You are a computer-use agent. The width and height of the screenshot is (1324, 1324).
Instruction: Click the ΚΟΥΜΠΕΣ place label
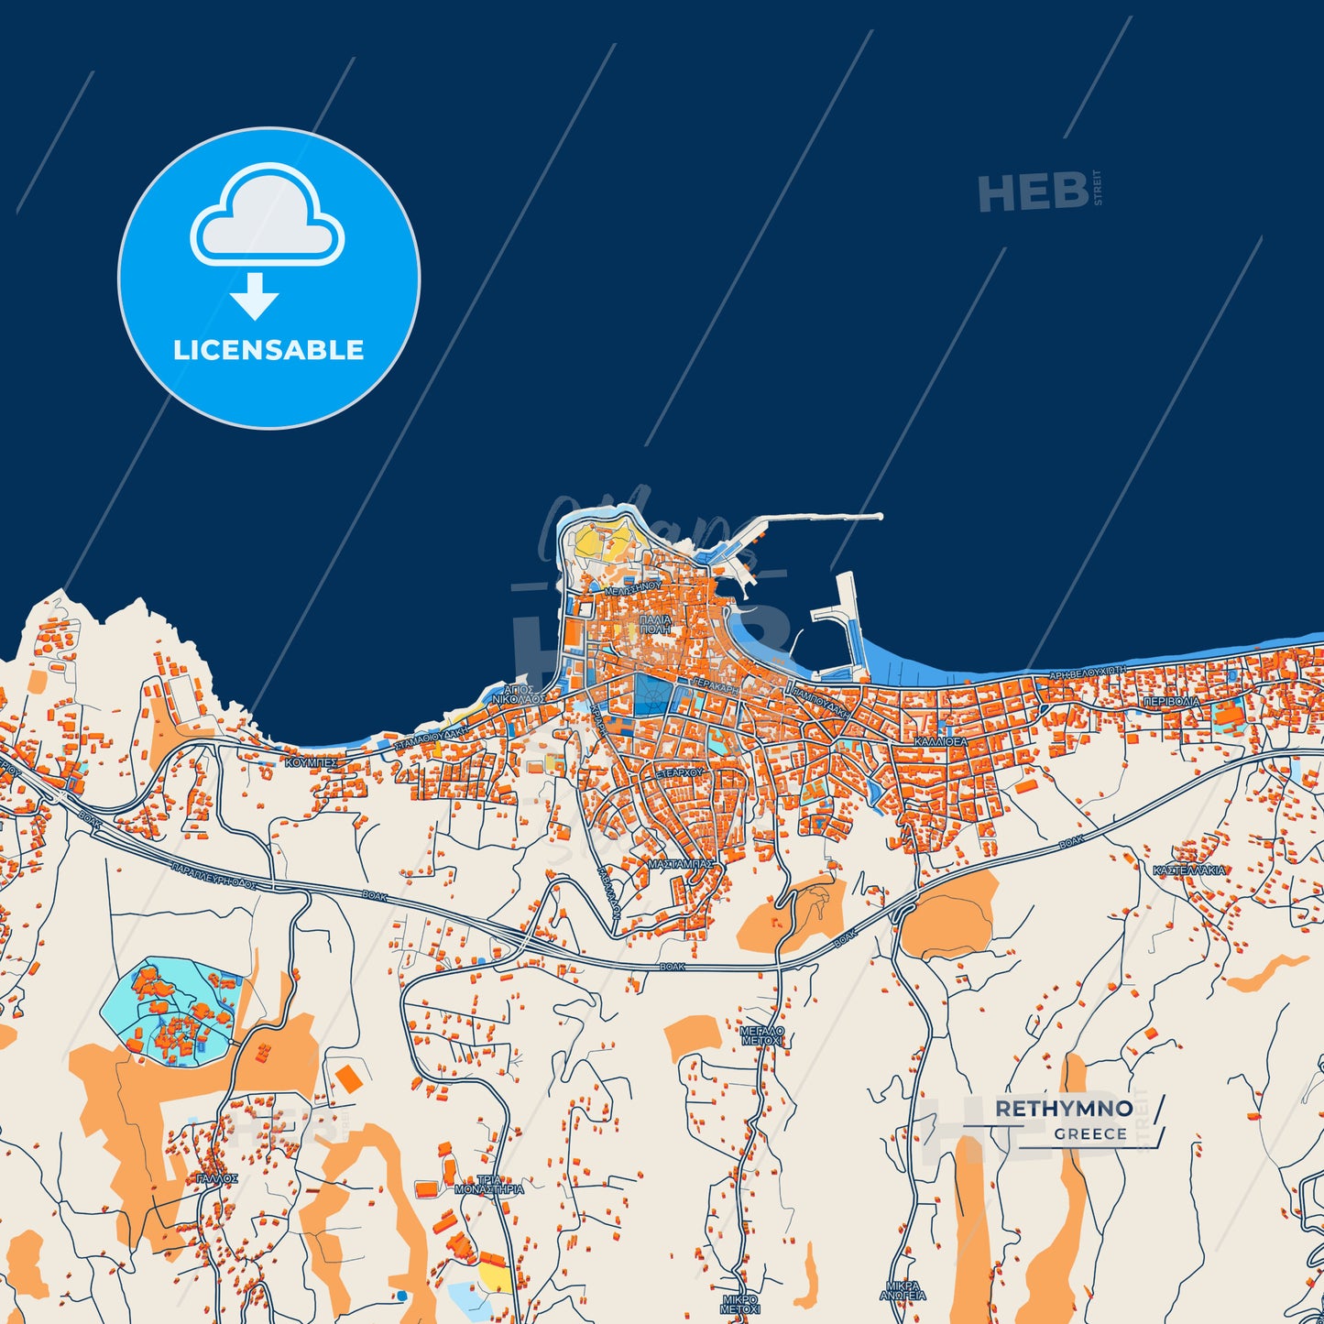point(312,761)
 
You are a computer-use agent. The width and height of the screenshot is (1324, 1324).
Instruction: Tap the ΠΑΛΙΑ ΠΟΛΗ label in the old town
point(655,625)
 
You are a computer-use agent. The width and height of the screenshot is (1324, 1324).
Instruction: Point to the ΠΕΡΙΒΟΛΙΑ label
point(1171,701)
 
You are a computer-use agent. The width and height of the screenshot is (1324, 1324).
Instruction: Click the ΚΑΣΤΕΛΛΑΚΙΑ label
point(1189,870)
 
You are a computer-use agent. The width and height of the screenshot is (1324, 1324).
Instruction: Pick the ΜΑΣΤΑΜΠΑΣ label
point(680,863)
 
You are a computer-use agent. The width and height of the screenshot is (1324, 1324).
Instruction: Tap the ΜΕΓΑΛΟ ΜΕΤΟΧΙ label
point(762,1036)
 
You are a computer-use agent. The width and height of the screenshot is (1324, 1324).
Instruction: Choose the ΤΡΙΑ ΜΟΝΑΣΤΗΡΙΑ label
point(489,1185)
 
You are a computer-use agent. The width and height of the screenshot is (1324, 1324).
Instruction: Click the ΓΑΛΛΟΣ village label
point(217,1178)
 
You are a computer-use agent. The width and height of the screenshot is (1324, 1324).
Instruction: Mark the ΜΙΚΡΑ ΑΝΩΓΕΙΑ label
point(903,1291)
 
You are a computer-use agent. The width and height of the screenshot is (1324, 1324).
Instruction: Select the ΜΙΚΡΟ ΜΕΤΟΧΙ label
point(740,1304)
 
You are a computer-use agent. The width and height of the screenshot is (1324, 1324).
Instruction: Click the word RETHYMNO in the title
point(1064,1109)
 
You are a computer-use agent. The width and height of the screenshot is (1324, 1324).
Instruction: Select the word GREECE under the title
point(1090,1133)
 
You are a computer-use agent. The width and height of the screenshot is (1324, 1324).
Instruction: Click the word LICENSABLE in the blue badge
point(268,350)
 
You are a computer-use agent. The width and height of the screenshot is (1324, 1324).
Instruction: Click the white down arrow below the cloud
point(255,296)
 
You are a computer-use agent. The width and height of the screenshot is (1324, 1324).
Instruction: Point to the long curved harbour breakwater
point(806,520)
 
